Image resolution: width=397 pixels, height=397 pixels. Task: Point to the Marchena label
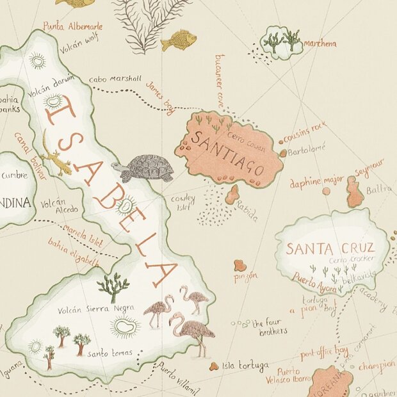tap(319, 44)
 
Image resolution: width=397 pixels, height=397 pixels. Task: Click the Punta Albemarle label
tap(72, 27)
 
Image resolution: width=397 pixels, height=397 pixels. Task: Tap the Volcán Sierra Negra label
tap(95, 309)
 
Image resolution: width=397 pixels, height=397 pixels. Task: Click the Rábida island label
tap(247, 212)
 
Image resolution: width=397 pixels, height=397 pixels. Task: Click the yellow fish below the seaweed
tap(179, 40)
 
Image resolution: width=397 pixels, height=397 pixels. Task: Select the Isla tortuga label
tap(245, 367)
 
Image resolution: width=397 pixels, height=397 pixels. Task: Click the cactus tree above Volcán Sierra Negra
tap(113, 287)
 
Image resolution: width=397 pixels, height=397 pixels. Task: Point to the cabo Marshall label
tap(115, 79)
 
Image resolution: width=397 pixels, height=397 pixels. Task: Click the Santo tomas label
tap(109, 353)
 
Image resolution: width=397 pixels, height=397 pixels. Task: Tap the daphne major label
tap(316, 182)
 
